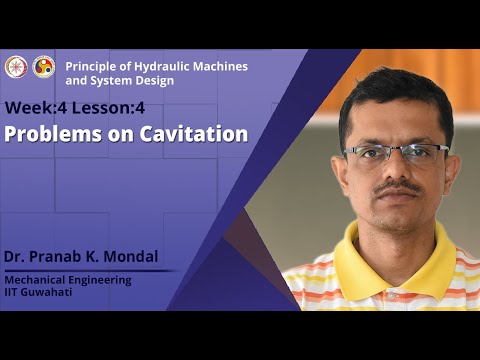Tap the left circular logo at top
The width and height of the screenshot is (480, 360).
pyautogui.click(x=16, y=67)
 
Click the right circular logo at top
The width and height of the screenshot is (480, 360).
pyautogui.click(x=44, y=67)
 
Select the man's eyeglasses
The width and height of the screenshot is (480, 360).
pyautogui.click(x=396, y=153)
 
